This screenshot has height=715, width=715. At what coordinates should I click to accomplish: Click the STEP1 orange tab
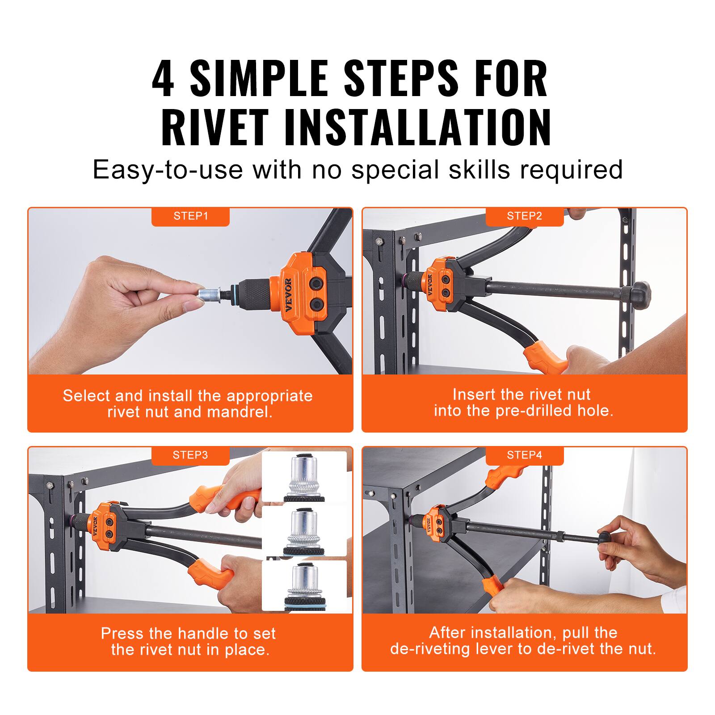coord(190,216)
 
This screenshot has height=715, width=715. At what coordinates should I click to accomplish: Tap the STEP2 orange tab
coord(524,216)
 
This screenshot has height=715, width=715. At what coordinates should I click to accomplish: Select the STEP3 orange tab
coord(190,455)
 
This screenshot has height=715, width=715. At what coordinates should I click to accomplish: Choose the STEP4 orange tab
coord(524,455)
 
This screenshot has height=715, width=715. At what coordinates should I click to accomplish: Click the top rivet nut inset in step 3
coord(304,477)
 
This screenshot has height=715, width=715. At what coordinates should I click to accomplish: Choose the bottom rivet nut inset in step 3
coord(304,585)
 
